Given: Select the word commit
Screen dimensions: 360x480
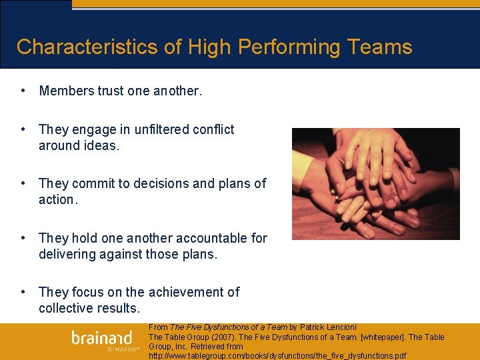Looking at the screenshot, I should (x=93, y=183).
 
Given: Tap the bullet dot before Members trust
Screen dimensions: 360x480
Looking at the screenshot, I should (x=23, y=91).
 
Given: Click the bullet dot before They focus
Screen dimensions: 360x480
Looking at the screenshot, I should (x=23, y=292).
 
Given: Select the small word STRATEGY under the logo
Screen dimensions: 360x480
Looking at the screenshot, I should (x=124, y=349).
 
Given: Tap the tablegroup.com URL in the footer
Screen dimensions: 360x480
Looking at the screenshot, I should (x=277, y=355).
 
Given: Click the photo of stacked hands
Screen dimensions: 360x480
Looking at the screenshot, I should (x=375, y=184).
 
